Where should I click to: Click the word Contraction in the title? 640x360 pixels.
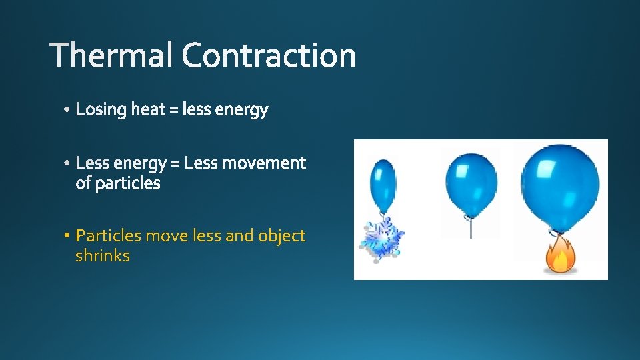(269, 55)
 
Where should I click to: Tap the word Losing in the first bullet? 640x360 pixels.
(101, 110)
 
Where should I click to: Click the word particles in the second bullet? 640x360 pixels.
(127, 183)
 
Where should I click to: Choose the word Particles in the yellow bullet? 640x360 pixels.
(108, 236)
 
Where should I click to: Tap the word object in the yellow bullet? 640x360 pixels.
(281, 237)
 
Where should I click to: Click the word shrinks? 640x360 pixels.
(102, 256)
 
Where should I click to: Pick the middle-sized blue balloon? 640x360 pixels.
(471, 183)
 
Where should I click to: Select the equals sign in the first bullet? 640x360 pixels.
(174, 110)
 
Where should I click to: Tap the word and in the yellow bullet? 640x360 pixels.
(240, 236)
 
